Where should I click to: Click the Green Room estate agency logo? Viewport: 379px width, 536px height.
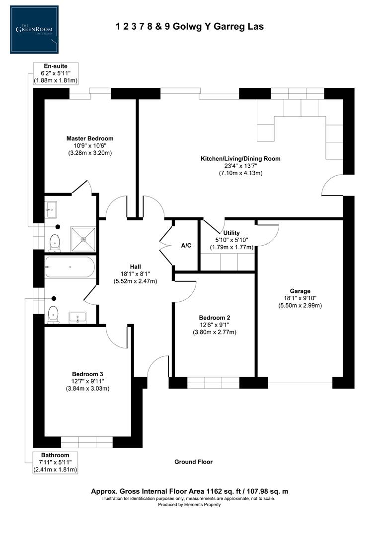pos(34,29)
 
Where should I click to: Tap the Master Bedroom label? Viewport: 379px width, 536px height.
pos(90,138)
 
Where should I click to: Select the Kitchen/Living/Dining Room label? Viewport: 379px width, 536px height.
pos(240,159)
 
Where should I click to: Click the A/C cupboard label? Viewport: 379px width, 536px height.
pos(186,246)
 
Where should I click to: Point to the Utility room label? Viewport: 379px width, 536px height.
pos(231,233)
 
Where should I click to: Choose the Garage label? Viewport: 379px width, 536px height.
pos(300,291)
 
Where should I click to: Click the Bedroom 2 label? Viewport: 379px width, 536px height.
pos(215,318)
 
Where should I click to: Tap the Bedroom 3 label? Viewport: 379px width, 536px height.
pos(87,374)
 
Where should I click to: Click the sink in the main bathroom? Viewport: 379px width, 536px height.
pos(77,317)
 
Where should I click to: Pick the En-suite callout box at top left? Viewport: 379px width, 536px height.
pos(55,73)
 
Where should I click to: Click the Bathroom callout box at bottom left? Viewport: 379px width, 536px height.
pos(55,462)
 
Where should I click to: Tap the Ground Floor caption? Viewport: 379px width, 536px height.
pos(193,462)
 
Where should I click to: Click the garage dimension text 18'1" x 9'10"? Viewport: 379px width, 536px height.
pos(300,298)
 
